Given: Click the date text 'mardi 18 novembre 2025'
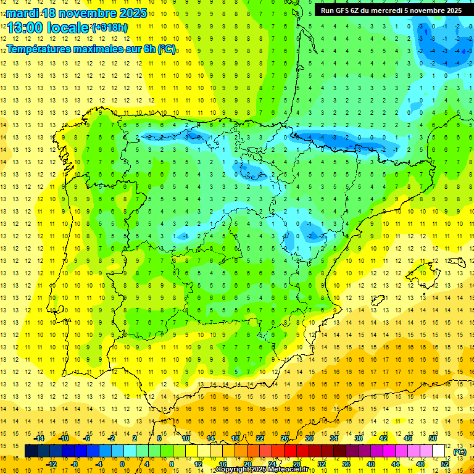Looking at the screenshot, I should [x=77, y=13].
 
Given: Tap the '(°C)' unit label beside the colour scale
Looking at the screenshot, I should [x=459, y=452].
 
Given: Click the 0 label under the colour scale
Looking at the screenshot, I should [x=123, y=464].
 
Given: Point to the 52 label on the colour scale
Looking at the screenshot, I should [x=444, y=464].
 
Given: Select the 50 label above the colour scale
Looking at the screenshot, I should [x=432, y=438].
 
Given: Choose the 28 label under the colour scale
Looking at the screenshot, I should [x=296, y=464].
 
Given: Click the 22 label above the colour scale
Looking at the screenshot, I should [x=260, y=438].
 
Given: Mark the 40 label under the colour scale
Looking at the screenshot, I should [x=370, y=464].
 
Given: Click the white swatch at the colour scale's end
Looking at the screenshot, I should [x=439, y=451].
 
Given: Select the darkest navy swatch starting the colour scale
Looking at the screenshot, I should [x=31, y=451].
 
